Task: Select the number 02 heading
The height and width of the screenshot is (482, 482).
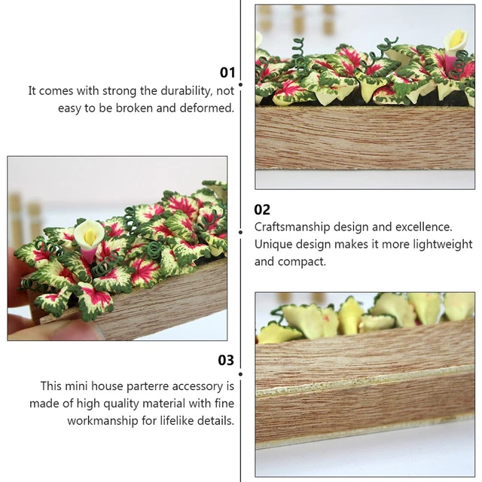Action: [x=262, y=209]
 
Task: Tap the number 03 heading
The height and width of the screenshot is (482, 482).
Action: [x=226, y=360]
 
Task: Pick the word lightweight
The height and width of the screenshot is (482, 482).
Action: [x=441, y=244]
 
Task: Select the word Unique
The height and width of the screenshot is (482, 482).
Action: [x=272, y=244]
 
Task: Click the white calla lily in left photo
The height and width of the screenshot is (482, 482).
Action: [x=88, y=236]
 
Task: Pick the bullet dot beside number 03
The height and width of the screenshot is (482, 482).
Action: [x=241, y=374]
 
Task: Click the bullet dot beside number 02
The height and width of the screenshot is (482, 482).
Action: [x=241, y=231]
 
